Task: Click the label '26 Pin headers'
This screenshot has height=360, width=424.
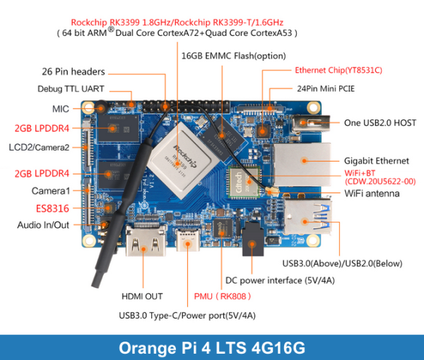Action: [x=73, y=71]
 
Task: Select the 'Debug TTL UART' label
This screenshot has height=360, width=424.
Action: [x=71, y=89]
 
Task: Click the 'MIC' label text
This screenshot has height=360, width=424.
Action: [x=61, y=109]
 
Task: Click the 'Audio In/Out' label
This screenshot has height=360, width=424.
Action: [x=44, y=225]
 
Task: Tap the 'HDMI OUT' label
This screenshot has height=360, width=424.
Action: [x=142, y=296]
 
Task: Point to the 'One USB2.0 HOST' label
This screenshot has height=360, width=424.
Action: [x=380, y=123]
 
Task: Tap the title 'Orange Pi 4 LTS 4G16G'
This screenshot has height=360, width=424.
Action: [x=212, y=347]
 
